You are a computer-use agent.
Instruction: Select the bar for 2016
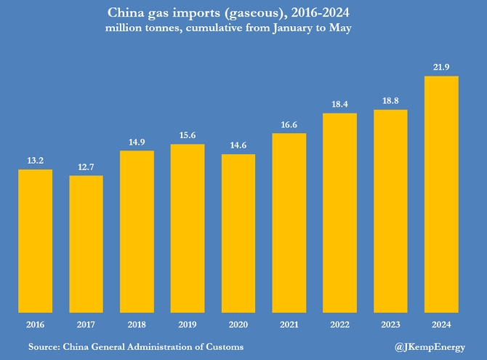point(35,240)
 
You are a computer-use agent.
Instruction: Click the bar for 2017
point(86,243)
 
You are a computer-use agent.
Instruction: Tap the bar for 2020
point(238,233)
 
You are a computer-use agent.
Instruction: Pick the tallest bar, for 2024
point(441,193)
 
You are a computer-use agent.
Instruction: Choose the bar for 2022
point(340,212)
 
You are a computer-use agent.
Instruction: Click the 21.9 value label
point(441,67)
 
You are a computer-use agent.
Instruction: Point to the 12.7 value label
point(86,167)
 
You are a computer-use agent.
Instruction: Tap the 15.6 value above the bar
point(188,136)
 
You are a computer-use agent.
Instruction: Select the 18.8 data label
point(390,102)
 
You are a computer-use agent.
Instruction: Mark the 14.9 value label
point(137,142)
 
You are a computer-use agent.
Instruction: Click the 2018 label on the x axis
point(137,324)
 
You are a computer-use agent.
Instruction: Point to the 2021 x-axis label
point(289,324)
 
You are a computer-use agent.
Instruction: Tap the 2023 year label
point(390,324)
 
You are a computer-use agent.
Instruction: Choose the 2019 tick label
point(188,324)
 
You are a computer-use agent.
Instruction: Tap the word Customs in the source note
point(223,347)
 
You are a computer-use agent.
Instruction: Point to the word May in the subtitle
point(342,28)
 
